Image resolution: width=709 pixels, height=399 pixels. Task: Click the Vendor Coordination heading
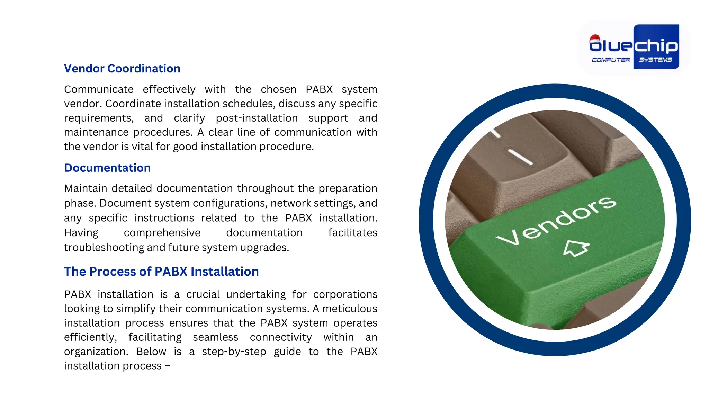pos(122,69)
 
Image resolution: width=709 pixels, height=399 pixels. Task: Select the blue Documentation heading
pos(107,168)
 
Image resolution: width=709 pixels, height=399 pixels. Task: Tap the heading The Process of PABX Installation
pos(161,272)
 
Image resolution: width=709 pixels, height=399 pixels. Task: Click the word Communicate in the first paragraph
pos(99,89)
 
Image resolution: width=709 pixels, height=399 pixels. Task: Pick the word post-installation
pos(257,118)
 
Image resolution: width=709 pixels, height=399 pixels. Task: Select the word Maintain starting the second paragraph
pos(86,188)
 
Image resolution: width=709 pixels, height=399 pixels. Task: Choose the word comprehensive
pos(162,233)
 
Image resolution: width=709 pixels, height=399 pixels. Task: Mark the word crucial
pos(203,294)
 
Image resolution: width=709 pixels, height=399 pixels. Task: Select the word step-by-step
pos(234,352)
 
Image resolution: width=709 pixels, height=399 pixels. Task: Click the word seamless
pos(215,337)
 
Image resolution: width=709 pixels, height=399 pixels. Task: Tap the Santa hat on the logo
pos(595,38)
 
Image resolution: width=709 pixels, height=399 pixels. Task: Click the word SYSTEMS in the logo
pos(655,60)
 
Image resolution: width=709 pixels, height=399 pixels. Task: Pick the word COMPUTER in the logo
pos(611,60)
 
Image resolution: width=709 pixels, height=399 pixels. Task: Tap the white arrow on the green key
pos(576,248)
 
